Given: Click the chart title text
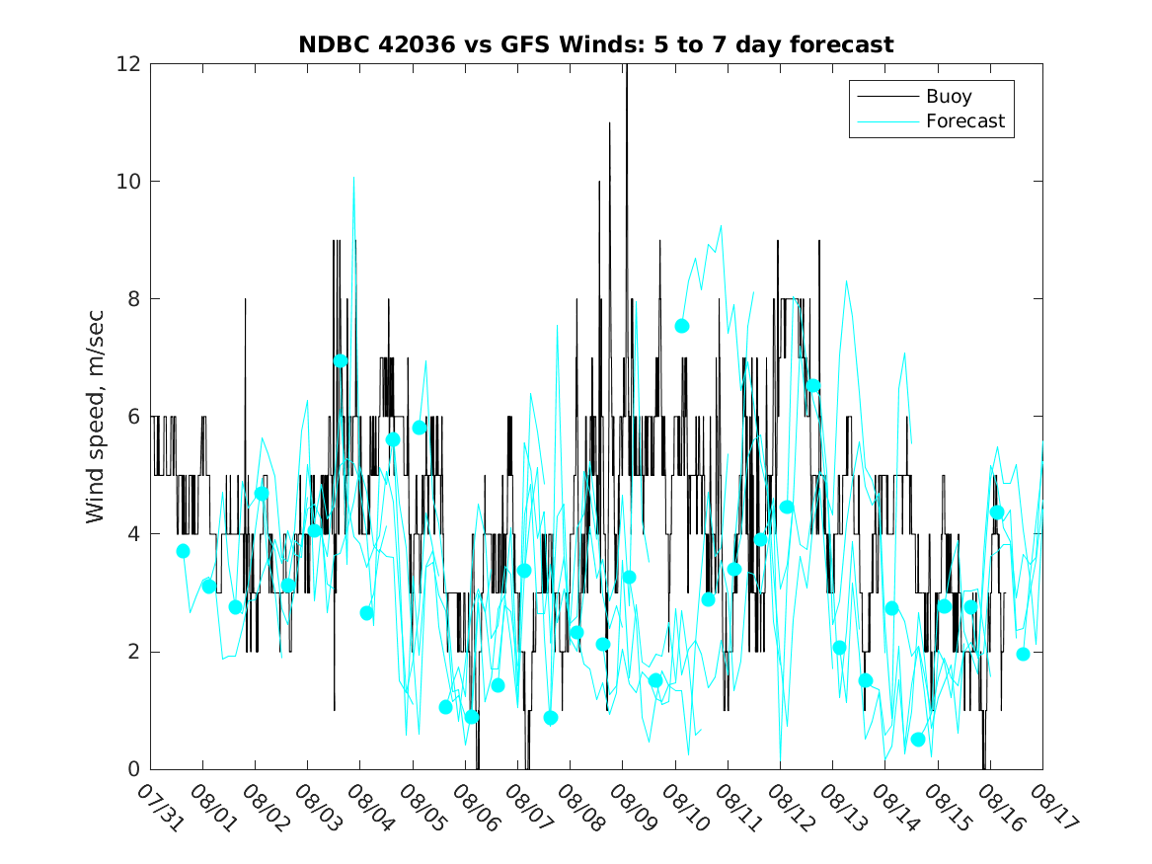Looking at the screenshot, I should click(596, 44).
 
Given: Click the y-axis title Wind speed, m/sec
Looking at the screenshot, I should click(95, 416).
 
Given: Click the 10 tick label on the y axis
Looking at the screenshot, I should click(129, 182).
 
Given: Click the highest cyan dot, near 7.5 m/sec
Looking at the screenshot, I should click(682, 326).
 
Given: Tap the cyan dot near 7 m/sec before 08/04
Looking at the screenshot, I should click(341, 360).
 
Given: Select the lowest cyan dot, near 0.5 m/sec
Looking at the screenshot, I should click(918, 740).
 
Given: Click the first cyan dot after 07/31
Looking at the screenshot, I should click(183, 551).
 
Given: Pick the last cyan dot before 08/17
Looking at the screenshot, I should click(1023, 654).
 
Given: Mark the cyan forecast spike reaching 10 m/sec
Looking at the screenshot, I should click(353, 178).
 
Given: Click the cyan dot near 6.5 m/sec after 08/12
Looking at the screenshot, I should click(813, 385).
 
